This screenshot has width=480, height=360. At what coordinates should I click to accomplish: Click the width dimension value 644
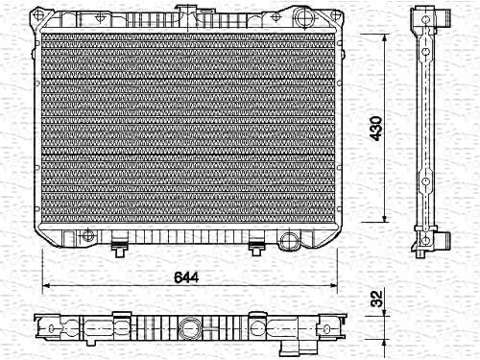tap(186, 277)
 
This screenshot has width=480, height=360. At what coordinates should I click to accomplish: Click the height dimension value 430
tap(375, 129)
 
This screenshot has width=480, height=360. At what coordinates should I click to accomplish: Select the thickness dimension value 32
tap(376, 299)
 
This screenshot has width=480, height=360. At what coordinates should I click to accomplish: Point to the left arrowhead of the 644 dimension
tap(46, 285)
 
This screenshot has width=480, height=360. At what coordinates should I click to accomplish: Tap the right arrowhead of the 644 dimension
tap(333, 285)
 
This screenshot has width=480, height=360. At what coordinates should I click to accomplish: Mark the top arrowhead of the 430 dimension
tap(385, 37)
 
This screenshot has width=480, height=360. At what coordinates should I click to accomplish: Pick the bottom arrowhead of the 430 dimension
tap(385, 218)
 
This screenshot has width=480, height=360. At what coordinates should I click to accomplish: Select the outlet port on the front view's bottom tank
tap(289, 241)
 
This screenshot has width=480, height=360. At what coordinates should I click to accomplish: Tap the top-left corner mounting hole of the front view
tap(38, 14)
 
